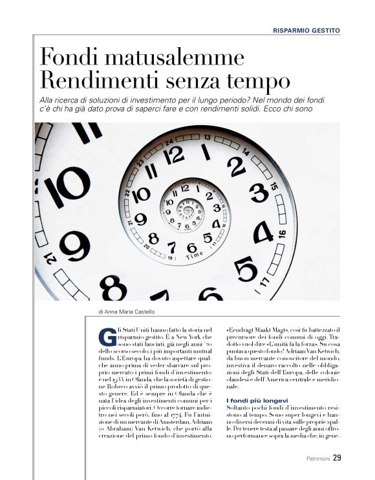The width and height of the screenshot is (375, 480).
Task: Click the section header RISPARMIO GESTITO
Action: click(306, 30)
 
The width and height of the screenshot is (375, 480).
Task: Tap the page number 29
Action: click(337, 459)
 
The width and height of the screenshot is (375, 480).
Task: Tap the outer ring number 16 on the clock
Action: click(281, 234)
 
